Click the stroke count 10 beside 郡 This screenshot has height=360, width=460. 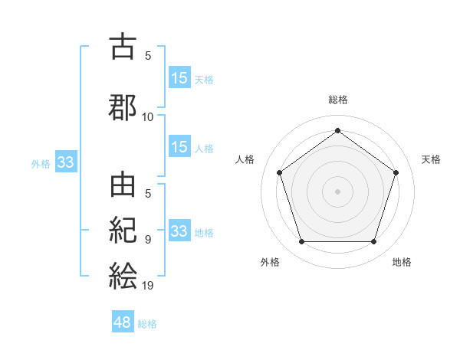(148, 117)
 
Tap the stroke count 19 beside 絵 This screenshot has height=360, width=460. (148, 286)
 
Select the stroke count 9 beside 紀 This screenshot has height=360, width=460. (148, 240)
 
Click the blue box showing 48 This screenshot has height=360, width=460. (123, 322)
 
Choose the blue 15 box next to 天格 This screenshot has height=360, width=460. (179, 78)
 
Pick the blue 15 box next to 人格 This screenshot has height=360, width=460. (179, 147)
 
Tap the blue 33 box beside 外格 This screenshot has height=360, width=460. (65, 162)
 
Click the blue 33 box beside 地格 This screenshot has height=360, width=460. (179, 231)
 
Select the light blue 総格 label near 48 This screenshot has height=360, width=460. (147, 324)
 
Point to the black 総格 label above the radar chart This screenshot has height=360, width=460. (337, 100)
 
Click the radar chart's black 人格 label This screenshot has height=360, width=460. (245, 159)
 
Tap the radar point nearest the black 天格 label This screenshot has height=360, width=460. (396, 172)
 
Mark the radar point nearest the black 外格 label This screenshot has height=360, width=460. (301, 242)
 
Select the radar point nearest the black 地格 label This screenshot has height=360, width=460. (373, 242)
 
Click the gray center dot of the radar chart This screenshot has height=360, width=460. (337, 191)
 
